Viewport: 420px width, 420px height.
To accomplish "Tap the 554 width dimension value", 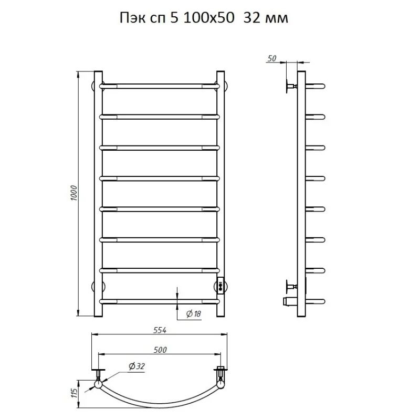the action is [160, 330].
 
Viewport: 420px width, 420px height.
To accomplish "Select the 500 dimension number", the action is [160, 350].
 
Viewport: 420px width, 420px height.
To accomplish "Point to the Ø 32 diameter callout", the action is [136, 366].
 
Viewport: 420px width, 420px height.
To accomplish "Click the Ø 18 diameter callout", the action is [194, 313].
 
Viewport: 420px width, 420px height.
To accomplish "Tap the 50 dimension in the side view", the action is [271, 58].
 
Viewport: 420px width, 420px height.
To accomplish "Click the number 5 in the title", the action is [174, 18].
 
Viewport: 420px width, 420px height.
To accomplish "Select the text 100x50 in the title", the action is [209, 18].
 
